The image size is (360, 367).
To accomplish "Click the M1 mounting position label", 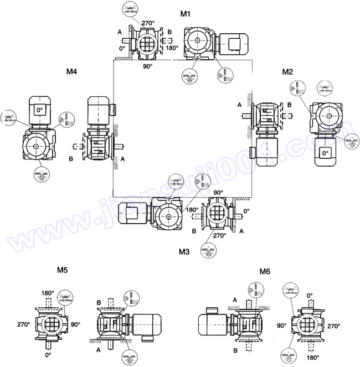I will tap(186, 13).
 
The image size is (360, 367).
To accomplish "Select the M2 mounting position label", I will tap(287, 72).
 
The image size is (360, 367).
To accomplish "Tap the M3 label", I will tap(184, 251).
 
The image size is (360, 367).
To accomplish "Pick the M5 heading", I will tap(63, 270).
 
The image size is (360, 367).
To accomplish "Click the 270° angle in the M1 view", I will tap(148, 23).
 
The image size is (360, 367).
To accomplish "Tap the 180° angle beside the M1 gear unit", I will tap(172, 48).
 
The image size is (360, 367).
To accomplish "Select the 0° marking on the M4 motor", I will tap(39, 110).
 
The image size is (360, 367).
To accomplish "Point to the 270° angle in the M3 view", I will tap(219, 235).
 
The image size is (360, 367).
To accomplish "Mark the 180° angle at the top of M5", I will tap(48, 293).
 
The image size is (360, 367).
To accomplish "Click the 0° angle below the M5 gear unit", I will tap(48, 354).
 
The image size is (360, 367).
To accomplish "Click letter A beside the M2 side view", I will tap(239, 105).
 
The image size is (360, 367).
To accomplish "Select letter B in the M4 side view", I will tap(71, 158).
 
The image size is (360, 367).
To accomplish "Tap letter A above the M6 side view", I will tap(235, 299).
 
